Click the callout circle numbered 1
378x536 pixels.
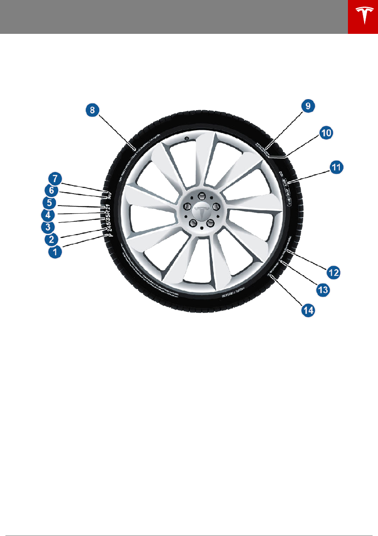coord(55,252)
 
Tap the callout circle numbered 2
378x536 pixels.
coord(52,238)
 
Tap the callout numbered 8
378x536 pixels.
coord(93,110)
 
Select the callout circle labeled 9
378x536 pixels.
coord(308,106)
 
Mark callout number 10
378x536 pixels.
coord(326,133)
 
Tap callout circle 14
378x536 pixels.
coord(308,309)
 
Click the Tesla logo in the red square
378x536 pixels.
coord(363,17)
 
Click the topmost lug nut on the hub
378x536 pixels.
coord(201,196)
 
